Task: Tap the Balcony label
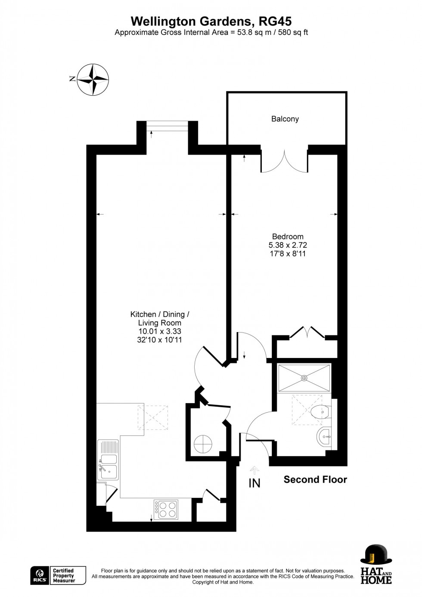coord(285,119)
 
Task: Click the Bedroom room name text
coord(288,236)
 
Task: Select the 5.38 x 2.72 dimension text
coord(288,245)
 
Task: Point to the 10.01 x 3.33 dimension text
coord(159,331)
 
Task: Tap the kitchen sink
coord(108,466)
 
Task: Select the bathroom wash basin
coord(323,438)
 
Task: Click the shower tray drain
coord(304,378)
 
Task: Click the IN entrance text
coord(254,483)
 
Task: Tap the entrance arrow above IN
coord(254,470)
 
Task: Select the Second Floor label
coord(315,479)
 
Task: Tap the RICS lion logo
coord(40,576)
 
